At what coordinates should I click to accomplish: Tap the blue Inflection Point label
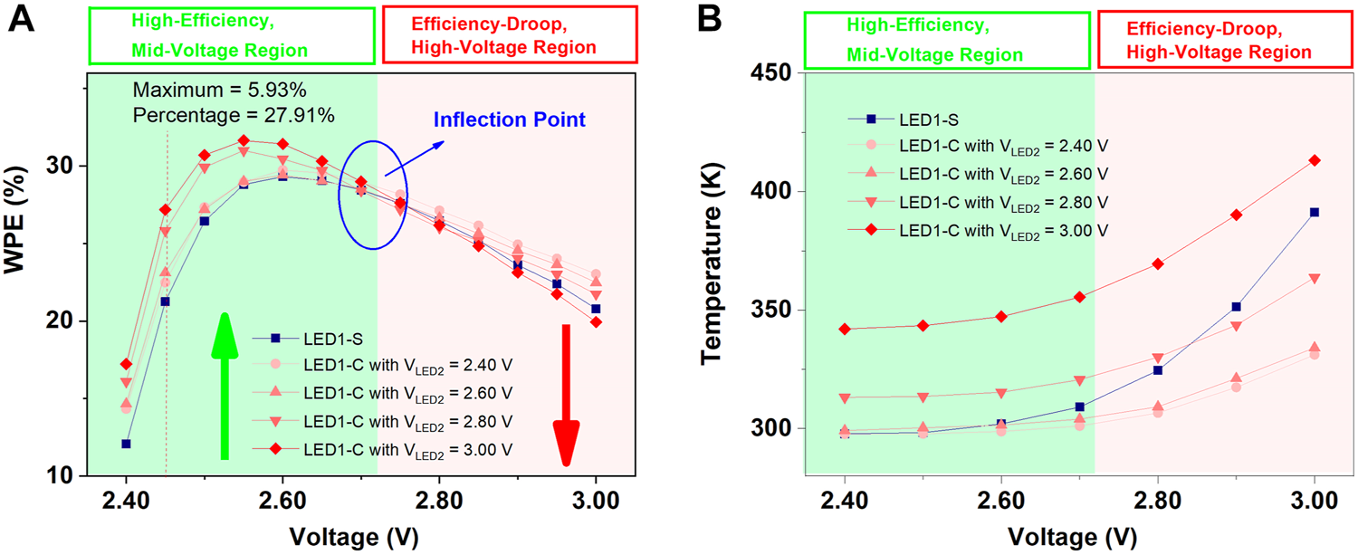click(510, 120)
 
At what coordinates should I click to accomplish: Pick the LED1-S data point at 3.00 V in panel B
click(1314, 212)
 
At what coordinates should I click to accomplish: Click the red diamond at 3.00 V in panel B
click(1314, 160)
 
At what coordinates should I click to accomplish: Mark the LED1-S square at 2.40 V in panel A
click(127, 444)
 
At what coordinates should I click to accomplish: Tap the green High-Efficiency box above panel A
click(232, 35)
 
